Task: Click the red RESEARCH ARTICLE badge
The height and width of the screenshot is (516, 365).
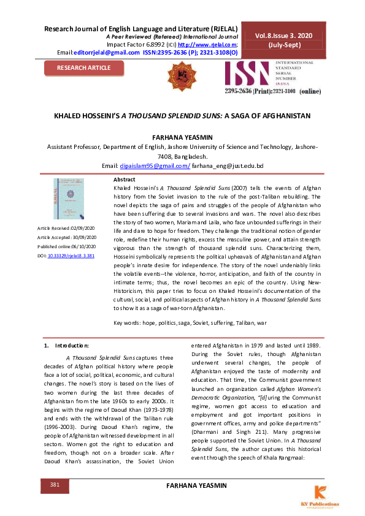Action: [x=84, y=67]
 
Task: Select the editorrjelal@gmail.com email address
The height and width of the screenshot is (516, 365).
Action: [x=106, y=52]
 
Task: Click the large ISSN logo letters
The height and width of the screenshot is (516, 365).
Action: [x=250, y=74]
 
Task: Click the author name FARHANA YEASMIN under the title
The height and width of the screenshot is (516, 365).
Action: [x=182, y=138]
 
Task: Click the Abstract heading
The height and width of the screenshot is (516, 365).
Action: [x=125, y=178]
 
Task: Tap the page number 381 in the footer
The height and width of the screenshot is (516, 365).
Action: [x=55, y=485]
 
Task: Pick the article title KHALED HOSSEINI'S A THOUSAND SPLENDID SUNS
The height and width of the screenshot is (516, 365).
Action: [x=182, y=115]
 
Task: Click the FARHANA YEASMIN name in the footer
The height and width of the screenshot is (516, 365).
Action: [x=196, y=485]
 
